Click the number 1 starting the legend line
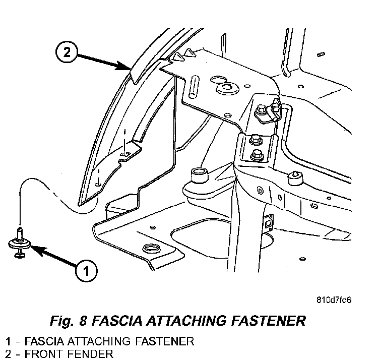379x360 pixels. [8, 341]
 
